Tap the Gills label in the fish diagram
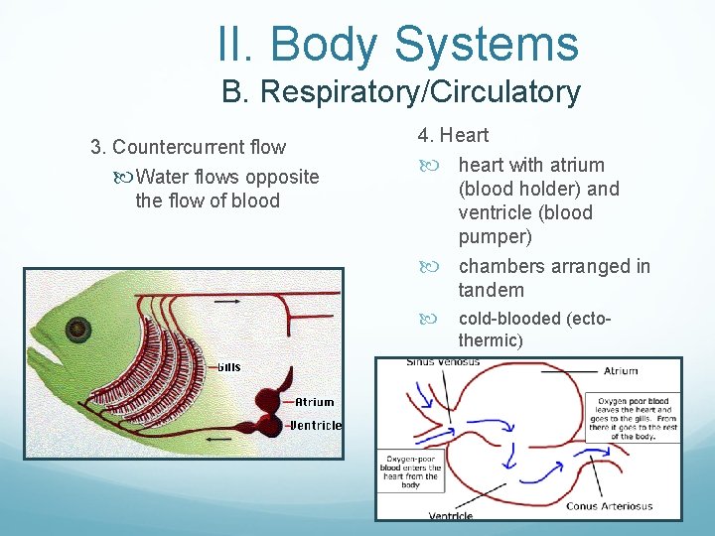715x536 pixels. (228, 367)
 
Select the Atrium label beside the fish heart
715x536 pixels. (314, 402)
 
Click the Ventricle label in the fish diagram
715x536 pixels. (316, 425)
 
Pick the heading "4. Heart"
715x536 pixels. (453, 135)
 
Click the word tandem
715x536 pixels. (491, 290)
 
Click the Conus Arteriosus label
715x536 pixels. (609, 506)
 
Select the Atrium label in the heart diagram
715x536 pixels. (621, 371)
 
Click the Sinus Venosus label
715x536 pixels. (443, 362)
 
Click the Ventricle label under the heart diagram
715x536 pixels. (450, 515)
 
